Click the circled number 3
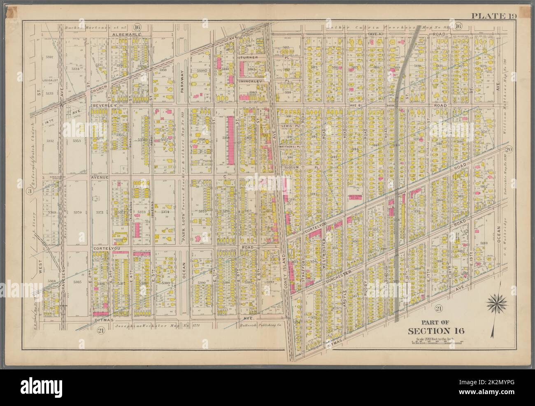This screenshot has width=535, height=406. click(x=30, y=191)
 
